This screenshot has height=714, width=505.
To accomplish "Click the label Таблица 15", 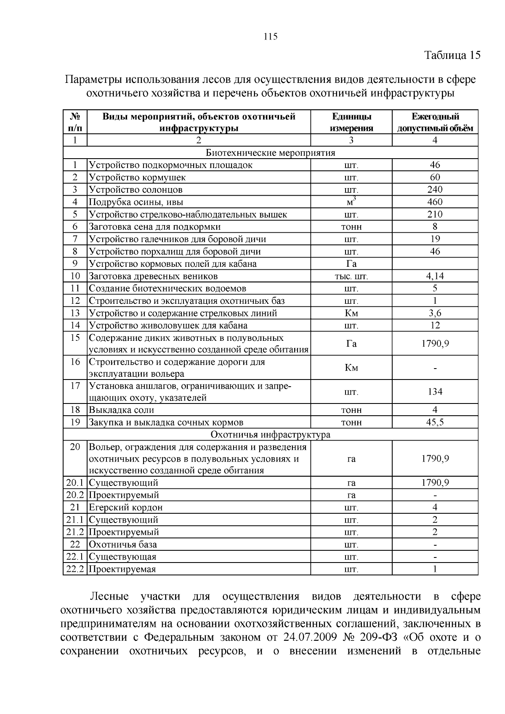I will tap(452, 56).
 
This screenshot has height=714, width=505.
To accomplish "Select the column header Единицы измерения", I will tap(351, 122).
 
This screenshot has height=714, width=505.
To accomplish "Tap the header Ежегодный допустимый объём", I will tap(435, 122).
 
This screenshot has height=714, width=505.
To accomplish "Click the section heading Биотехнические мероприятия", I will tap(271, 153).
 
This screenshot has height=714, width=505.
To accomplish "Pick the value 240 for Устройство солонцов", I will tap(435, 190).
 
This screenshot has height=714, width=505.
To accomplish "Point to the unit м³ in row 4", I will tap(351, 202).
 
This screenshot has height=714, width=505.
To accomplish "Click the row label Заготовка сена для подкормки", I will tap(155, 227).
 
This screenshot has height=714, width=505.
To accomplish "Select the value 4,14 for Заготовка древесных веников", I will tap(435, 276).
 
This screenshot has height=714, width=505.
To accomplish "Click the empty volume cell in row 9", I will tap(435, 264).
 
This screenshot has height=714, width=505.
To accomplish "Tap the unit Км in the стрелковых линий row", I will tap(351, 313).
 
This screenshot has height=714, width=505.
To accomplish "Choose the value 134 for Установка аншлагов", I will tap(435, 392).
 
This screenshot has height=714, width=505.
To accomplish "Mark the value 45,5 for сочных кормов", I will tap(435, 422).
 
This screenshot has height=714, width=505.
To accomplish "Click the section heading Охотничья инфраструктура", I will tap(271, 435).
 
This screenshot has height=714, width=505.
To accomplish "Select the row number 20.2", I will tap(75, 495).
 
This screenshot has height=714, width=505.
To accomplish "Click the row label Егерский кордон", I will tap(126, 507).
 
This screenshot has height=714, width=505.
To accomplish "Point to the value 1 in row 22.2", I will tap(435, 569).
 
